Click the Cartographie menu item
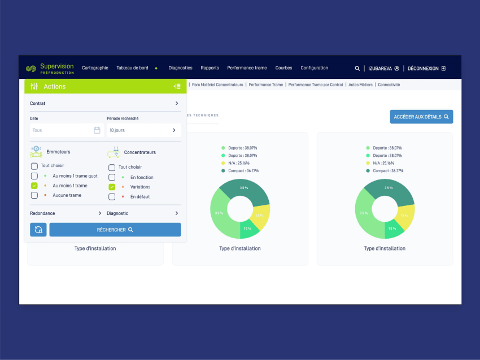tap(95, 68)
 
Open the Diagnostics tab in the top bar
tap(180, 68)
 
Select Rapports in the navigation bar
tap(210, 68)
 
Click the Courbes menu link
tap(283, 68)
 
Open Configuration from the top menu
tap(314, 68)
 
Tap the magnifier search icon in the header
tap(357, 68)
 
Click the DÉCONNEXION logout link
tap(426, 68)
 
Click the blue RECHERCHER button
tap(115, 230)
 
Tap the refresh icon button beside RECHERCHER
tap(38, 230)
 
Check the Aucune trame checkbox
tap(34, 195)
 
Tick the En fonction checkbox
tap(112, 177)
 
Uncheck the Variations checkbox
tap(112, 187)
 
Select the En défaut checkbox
tap(112, 196)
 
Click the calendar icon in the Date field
tap(97, 130)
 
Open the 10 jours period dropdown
tap(143, 130)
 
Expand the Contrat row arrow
tap(176, 103)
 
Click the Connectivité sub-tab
tap(389, 85)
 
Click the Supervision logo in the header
tap(50, 68)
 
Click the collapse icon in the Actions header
tap(177, 86)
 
